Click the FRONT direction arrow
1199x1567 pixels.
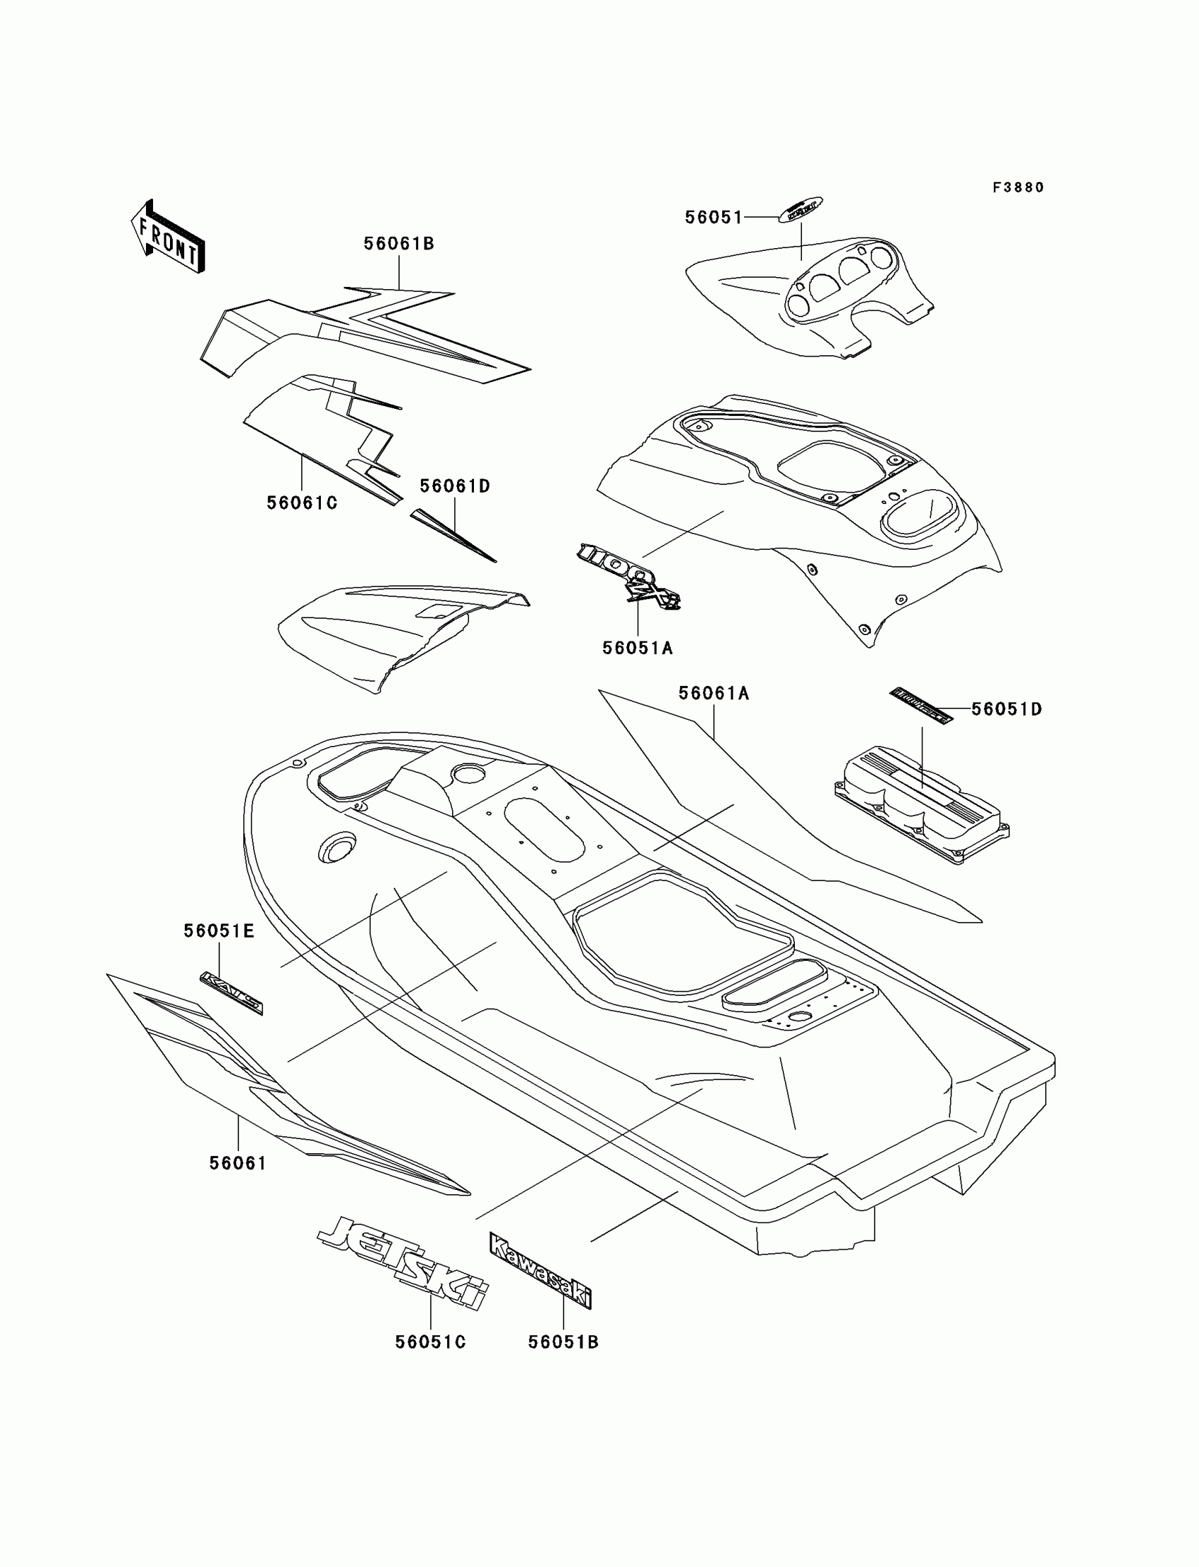click(x=169, y=238)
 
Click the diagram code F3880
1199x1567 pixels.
click(x=1018, y=188)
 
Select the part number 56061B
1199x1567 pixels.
click(x=399, y=244)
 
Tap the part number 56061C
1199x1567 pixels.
click(x=302, y=503)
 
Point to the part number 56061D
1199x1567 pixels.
click(x=455, y=486)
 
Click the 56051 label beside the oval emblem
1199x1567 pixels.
click(x=714, y=218)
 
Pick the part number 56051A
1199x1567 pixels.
click(x=638, y=649)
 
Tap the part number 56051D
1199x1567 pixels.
click(x=1006, y=710)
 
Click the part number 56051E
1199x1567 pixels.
click(x=219, y=931)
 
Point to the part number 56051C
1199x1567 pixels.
click(x=430, y=1342)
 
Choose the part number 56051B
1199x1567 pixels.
click(x=563, y=1342)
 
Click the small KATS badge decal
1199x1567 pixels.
click(x=231, y=992)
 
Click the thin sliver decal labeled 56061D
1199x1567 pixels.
click(x=453, y=536)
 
